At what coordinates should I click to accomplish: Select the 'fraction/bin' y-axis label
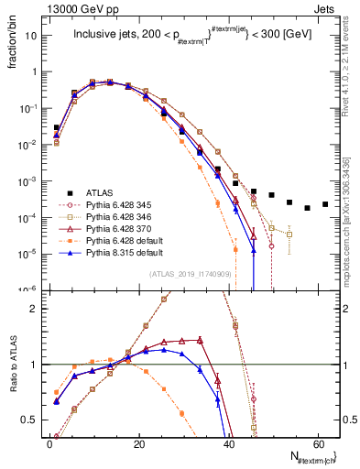pos(12,47)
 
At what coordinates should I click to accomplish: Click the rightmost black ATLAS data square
pos(325,204)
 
